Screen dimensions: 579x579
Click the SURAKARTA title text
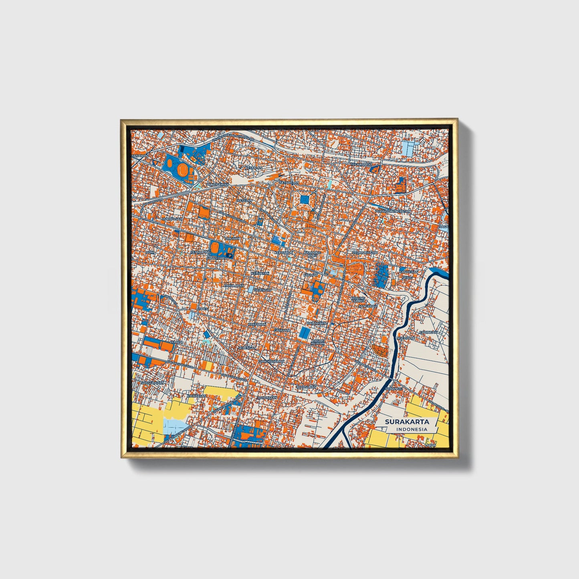[x=407, y=422]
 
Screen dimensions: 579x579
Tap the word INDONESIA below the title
[x=412, y=429]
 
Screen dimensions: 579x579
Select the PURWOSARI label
[x=172, y=219]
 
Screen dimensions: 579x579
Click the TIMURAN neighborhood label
[x=233, y=238]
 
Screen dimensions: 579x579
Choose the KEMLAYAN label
[x=260, y=273]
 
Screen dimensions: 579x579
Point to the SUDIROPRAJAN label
[x=365, y=253]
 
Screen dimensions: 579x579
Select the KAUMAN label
[x=310, y=275]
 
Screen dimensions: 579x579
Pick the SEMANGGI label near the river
[x=393, y=389]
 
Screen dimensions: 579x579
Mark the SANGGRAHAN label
[x=153, y=383]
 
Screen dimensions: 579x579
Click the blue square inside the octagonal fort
[x=305, y=199]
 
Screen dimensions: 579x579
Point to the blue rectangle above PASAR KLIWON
[x=305, y=332]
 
